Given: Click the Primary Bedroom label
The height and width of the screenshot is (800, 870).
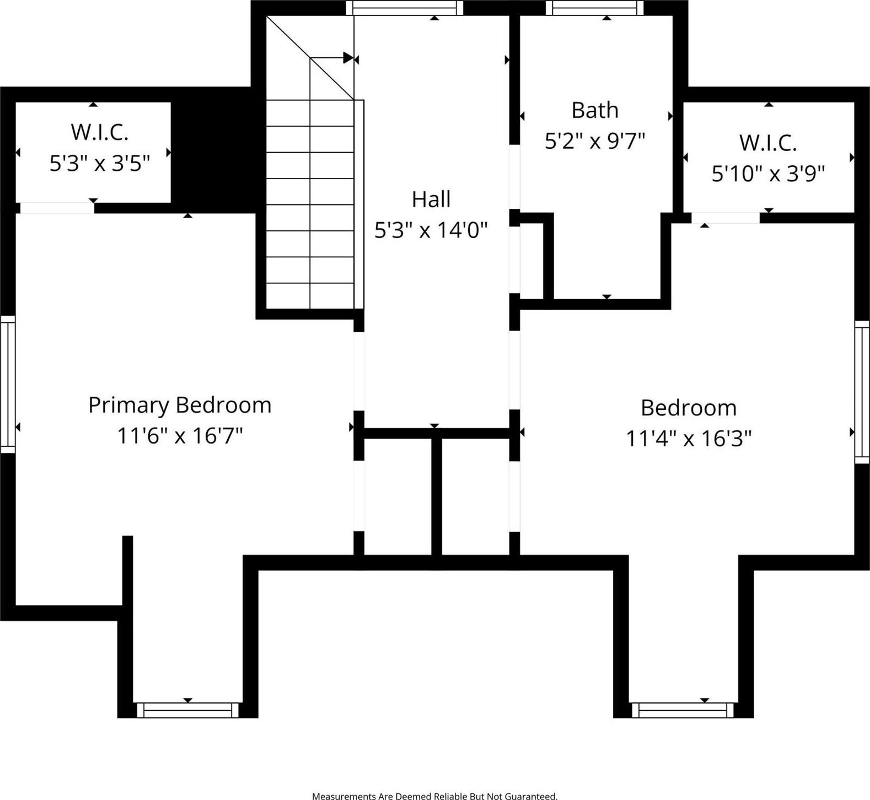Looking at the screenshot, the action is coord(180,406).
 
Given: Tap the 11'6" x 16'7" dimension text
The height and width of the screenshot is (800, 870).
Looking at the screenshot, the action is coord(180,436).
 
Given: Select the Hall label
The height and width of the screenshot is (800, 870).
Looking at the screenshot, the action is coord(431,199).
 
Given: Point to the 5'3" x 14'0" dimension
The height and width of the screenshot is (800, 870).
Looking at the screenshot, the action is coord(431,229).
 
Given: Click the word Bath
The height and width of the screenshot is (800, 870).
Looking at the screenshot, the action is coord(595,110).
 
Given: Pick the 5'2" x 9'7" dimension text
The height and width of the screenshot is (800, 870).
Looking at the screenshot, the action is coord(595,141).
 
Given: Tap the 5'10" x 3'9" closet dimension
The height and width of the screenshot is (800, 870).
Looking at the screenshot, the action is coord(768,174).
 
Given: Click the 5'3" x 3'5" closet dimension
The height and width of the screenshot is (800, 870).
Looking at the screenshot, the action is coord(100,163).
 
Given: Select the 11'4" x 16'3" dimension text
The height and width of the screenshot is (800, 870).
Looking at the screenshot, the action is coord(689,439).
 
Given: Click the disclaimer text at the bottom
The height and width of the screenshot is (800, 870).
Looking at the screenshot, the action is coord(434,796).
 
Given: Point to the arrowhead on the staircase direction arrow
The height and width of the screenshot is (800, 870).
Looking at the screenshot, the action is coord(348,58).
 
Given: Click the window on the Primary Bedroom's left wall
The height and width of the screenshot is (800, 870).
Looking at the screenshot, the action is coord(8,384).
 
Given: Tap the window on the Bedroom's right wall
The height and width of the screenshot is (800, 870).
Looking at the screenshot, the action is coord(862,392).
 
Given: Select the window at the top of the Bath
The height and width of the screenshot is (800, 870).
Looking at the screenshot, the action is coord(595,8).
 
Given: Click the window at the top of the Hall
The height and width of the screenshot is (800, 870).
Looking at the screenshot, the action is coord(405,8).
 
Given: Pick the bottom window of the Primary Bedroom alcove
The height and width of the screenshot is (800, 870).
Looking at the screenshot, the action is coord(187,710).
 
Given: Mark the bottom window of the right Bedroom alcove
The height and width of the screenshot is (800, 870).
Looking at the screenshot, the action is coord(683,710).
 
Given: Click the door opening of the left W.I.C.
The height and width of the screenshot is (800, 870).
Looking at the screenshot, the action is coord(57,208).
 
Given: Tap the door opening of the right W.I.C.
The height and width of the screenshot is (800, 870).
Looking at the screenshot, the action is coord(726,218).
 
